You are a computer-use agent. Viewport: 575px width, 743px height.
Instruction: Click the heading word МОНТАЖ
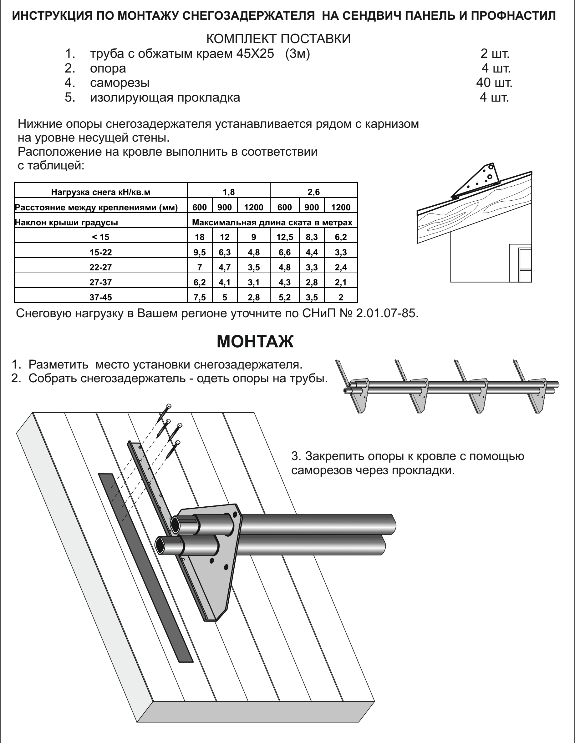255,342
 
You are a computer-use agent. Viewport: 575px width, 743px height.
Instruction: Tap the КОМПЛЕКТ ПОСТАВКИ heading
278,39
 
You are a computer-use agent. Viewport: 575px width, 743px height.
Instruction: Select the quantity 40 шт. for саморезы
494,83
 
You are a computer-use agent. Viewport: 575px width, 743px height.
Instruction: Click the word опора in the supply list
108,68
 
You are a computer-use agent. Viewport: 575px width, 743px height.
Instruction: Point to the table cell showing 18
200,237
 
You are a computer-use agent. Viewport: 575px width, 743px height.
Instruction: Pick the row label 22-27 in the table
100,267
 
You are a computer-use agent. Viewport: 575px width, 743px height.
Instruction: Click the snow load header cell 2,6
313,192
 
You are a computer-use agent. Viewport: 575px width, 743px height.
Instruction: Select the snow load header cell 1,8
229,192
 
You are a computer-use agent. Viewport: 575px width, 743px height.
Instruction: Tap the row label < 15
100,237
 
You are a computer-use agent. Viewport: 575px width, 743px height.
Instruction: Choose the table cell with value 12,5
285,237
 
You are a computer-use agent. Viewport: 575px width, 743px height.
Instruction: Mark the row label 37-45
100,297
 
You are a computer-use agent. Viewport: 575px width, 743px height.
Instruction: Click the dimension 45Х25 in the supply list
255,54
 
